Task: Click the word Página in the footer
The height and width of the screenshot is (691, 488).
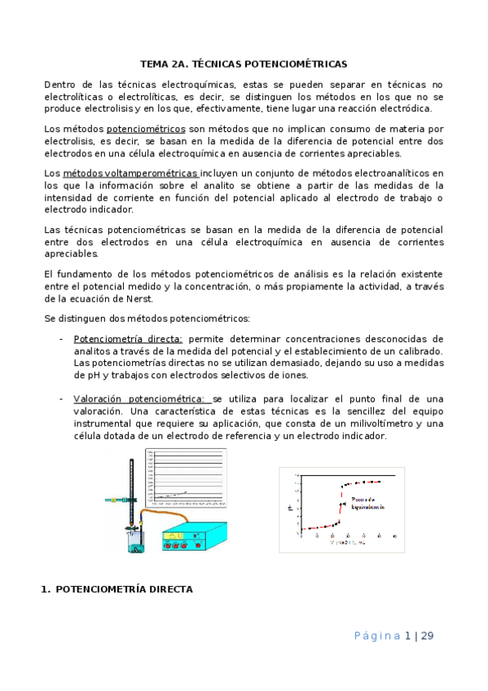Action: click(x=378, y=636)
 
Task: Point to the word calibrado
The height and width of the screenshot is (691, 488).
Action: click(x=418, y=350)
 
